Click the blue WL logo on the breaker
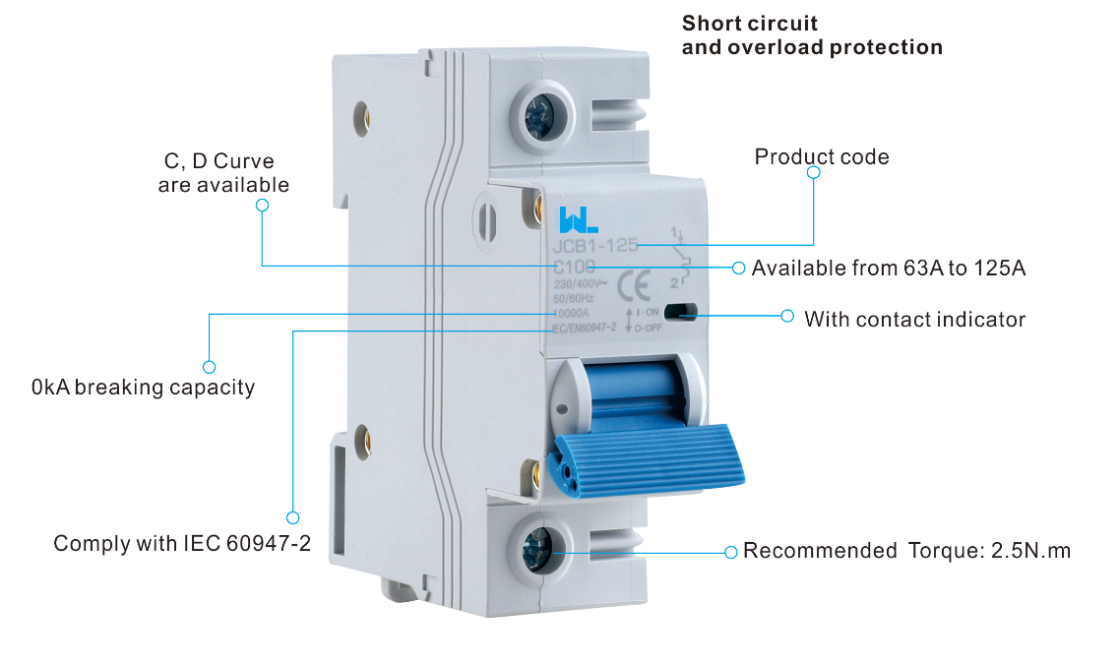[x=573, y=218]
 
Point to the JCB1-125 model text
[x=595, y=246]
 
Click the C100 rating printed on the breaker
[x=574, y=267]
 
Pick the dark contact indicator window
[x=681, y=312]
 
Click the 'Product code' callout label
[x=822, y=157]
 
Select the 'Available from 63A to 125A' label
[x=889, y=268]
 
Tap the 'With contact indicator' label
[x=914, y=320]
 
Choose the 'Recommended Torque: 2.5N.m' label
[x=906, y=551]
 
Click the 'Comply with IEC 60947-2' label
[x=182, y=543]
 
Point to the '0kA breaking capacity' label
[x=144, y=388]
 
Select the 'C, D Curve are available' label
[x=223, y=173]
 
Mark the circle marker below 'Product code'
[x=813, y=172]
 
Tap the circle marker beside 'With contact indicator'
[x=786, y=316]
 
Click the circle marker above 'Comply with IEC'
[x=292, y=517]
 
